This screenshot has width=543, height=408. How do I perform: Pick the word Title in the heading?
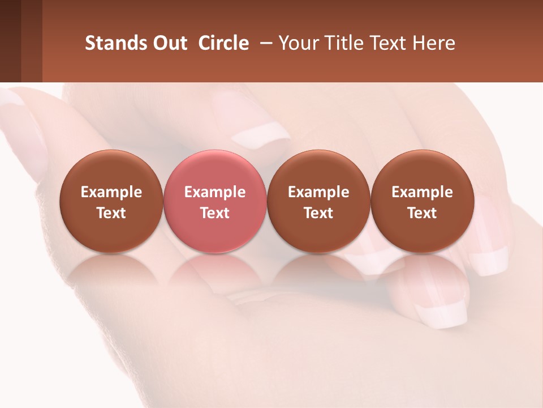coord(343,43)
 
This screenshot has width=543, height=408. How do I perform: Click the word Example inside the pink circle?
coord(214,192)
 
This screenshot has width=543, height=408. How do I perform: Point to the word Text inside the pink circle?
coord(214,213)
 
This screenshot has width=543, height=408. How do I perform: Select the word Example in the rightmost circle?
coord(422,192)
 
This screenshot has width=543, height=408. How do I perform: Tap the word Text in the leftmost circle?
coord(111,213)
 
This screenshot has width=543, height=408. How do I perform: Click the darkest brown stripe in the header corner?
coord(10,41)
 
